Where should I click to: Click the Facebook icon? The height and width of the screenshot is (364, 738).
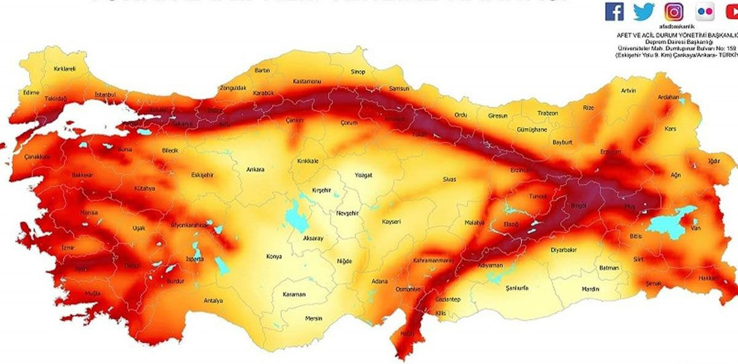[x=614, y=11]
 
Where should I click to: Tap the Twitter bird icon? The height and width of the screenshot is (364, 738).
[x=644, y=11]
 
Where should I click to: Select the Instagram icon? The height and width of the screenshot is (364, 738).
[x=673, y=11]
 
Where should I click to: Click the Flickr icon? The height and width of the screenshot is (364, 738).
[x=705, y=11]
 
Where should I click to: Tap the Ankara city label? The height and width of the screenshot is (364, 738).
[x=255, y=169]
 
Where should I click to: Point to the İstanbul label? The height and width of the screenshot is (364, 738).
[x=105, y=95]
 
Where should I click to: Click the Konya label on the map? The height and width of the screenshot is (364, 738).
[x=274, y=256]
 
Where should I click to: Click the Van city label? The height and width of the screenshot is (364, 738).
[x=697, y=228]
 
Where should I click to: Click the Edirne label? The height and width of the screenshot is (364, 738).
[x=31, y=92]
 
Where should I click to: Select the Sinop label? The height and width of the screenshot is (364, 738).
[x=357, y=72]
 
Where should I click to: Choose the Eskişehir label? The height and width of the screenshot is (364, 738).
[x=185, y=175]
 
